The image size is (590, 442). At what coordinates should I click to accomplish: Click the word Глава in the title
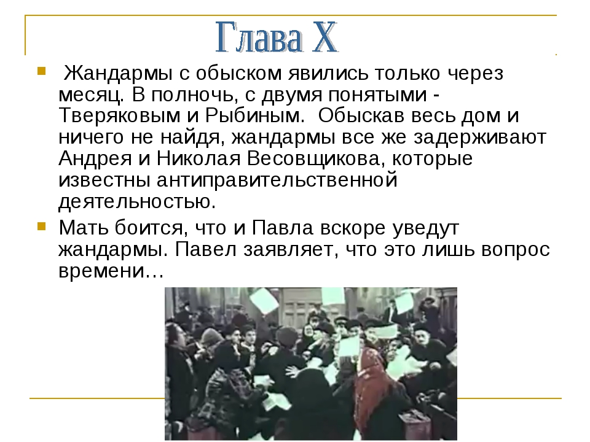coord(259,37)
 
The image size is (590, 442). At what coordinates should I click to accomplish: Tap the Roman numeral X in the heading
coord(324,37)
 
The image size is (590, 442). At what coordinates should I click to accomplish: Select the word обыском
coord(239,74)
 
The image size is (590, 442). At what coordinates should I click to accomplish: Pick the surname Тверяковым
coord(120,116)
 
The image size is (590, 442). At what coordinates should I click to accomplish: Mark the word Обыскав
coord(361,116)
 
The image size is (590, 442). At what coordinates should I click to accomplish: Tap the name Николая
coord(199,158)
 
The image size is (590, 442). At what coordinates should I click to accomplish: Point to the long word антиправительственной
coord(277,180)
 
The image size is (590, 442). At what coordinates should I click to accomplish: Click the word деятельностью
coord(137,201)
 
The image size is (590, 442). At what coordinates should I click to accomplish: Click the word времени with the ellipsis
coord(111,271)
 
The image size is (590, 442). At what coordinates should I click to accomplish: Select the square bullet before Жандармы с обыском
coord(41,71)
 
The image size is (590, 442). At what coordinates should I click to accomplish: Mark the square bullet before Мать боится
coord(41,227)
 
